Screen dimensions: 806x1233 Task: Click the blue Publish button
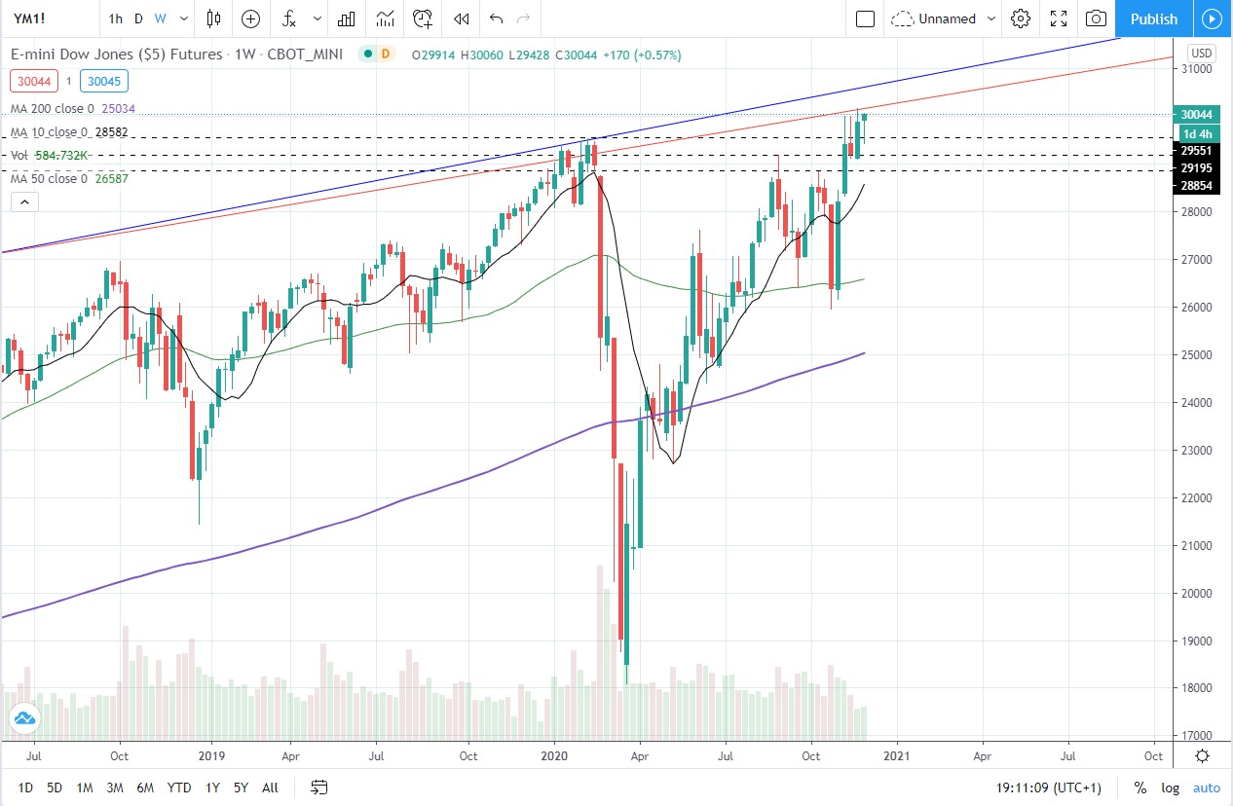point(1154,18)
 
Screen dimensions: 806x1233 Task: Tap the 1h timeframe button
point(116,18)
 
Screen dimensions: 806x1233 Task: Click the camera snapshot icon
point(1096,18)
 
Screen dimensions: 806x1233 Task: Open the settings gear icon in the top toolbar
point(1021,18)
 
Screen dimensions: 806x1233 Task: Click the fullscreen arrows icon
point(1059,18)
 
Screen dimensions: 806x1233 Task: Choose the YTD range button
point(178,788)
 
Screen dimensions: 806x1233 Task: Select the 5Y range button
point(241,788)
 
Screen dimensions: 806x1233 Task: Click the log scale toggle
point(1170,788)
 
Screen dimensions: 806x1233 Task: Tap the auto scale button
point(1206,788)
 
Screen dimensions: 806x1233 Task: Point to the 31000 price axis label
point(1196,69)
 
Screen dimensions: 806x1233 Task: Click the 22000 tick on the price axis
point(1196,498)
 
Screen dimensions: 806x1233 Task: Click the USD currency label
point(1202,53)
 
